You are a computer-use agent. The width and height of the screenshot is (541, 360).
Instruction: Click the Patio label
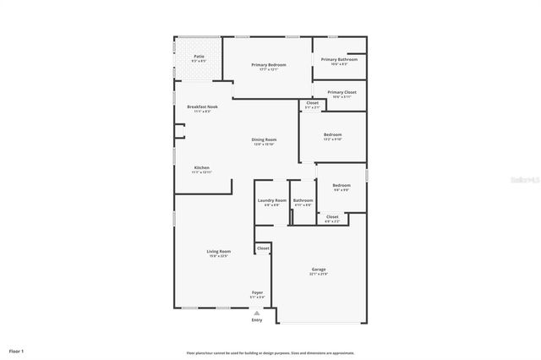199,56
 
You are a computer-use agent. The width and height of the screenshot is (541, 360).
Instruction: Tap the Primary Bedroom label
269,65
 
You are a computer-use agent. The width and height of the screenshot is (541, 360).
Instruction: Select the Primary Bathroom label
340,59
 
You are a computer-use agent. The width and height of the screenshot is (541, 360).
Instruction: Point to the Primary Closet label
342,92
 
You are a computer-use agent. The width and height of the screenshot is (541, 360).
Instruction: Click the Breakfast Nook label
202,107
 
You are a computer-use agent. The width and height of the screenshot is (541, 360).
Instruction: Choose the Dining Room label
264,139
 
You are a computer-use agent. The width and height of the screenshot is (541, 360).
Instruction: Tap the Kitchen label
201,168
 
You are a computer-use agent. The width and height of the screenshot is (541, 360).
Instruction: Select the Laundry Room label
271,200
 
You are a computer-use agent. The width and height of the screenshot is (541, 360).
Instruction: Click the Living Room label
219,251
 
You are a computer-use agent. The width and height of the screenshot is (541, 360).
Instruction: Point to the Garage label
319,270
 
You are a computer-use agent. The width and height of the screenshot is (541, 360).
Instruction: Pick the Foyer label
257,292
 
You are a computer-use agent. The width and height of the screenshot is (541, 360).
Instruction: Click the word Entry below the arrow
257,319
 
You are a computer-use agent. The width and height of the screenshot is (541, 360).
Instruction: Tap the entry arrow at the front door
257,312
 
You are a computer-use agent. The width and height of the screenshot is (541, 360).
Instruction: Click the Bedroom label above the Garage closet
341,185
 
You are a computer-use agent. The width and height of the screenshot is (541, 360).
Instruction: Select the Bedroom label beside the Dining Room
332,135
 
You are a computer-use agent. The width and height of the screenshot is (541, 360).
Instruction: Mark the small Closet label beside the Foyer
263,248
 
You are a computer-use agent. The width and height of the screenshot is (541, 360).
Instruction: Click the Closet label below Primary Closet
312,104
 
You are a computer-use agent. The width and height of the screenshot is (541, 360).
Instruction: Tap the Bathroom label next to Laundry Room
303,200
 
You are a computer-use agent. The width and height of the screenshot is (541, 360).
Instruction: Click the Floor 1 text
17,350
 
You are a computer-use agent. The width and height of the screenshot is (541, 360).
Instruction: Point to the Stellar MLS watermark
522,180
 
